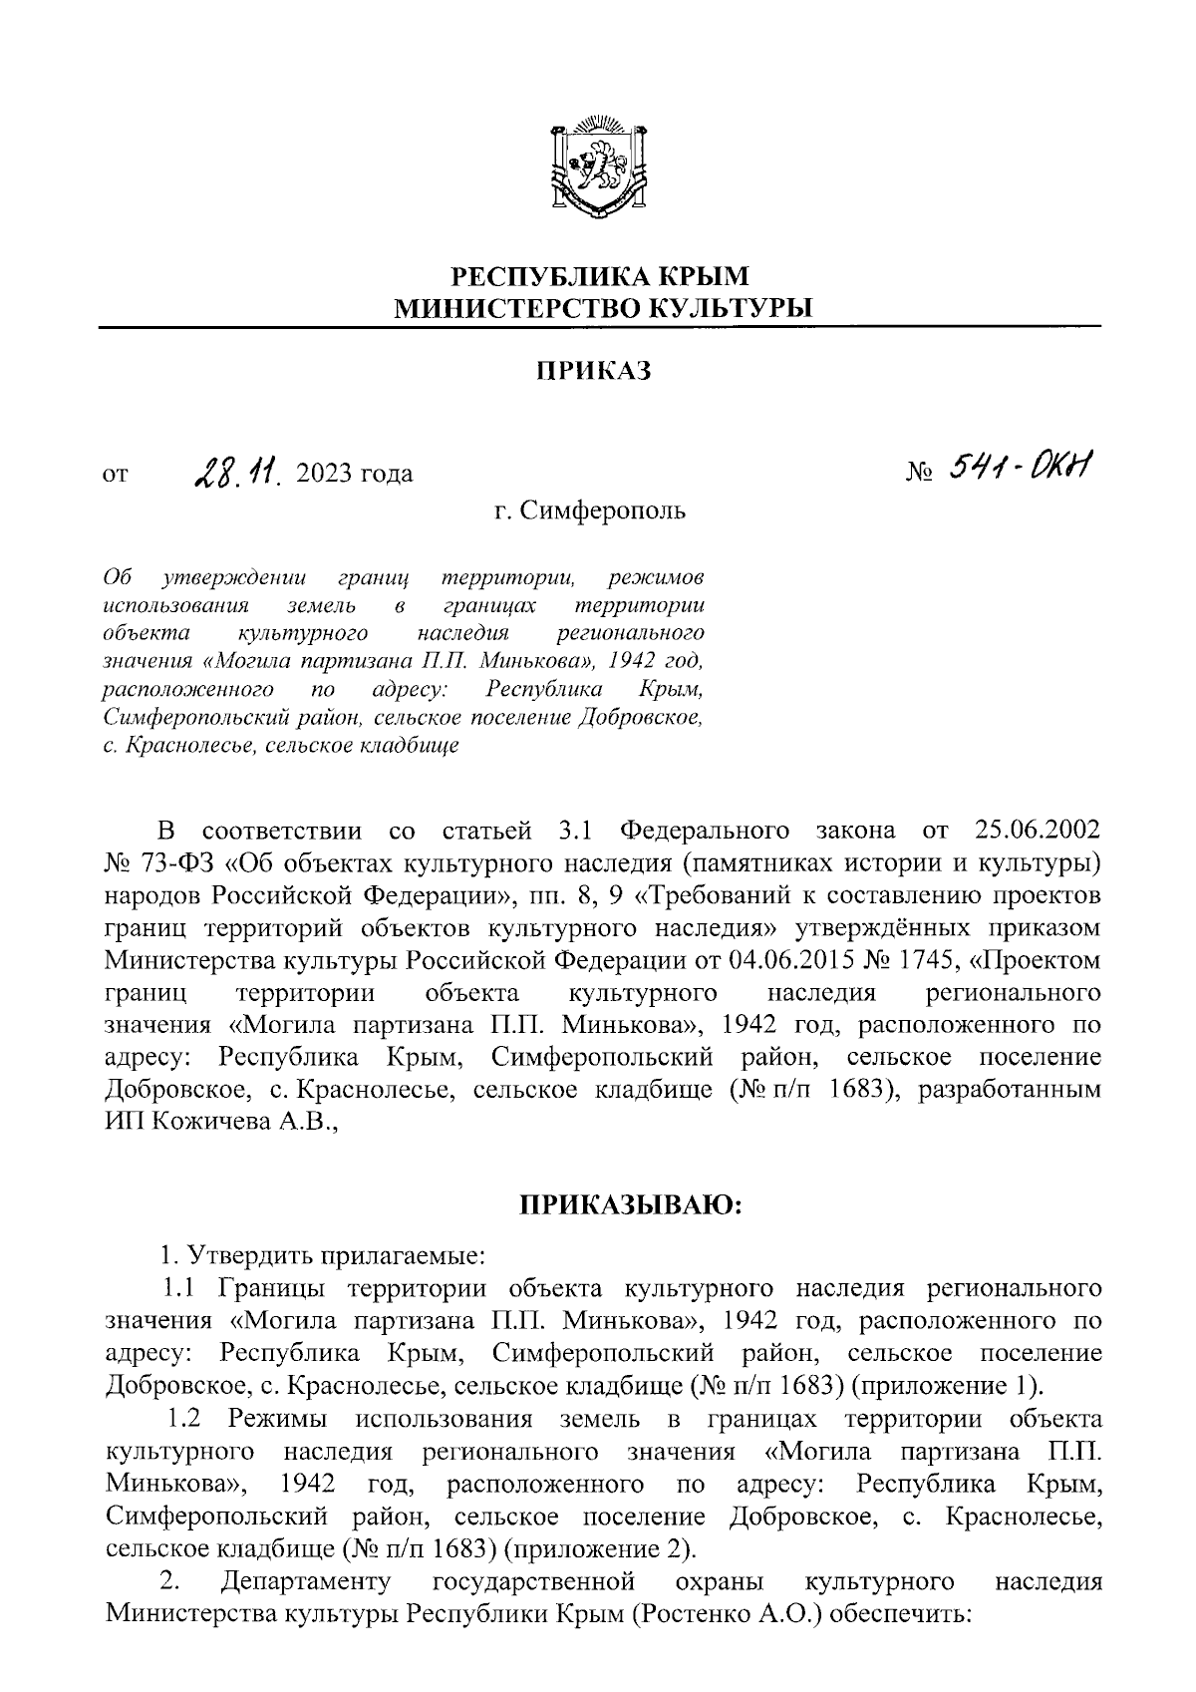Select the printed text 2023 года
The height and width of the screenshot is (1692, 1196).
tap(354, 474)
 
